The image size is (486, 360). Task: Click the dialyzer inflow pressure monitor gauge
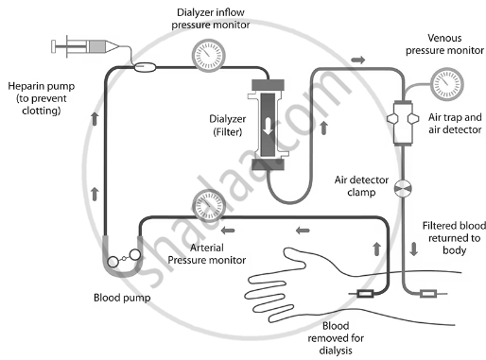pos(208,55)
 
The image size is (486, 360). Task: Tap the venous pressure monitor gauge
pos(446,84)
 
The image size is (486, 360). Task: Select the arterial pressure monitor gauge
pos(209,205)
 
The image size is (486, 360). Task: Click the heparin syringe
pos(85,46)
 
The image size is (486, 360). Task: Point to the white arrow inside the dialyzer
pos(268,127)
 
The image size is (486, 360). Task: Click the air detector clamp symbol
pos(403,189)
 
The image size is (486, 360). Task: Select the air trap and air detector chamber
pos(403,123)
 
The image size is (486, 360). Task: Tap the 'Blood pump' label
pos(122,298)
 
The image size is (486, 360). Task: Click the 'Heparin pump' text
pos(42,86)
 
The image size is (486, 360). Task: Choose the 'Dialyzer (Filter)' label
pos(227,125)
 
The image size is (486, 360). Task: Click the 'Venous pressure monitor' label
pos(444,44)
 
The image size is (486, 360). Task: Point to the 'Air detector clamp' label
pos(361,186)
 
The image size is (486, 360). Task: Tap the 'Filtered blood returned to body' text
pos(454,238)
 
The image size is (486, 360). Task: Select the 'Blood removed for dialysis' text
pos(336,338)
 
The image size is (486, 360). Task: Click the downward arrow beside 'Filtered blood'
pos(413,249)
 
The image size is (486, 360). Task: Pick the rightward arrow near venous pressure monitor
pos(358,60)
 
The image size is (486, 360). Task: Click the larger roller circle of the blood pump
pos(134,255)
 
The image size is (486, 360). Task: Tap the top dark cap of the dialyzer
pos(268,85)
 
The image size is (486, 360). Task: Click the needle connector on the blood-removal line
pos(365,294)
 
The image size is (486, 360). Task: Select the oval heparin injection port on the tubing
pos(145,67)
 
